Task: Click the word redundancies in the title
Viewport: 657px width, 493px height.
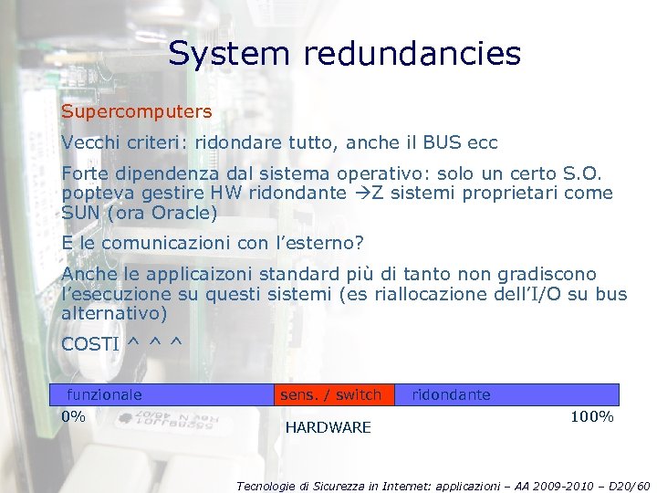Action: (x=412, y=54)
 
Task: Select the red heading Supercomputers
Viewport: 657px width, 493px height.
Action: (x=137, y=112)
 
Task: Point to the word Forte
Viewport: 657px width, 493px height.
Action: (x=84, y=173)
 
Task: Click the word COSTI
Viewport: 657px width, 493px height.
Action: (x=90, y=344)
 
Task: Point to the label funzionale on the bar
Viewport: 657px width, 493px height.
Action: (x=105, y=394)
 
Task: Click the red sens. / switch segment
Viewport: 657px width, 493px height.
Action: (x=330, y=394)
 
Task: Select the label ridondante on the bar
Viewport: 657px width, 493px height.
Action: (x=451, y=394)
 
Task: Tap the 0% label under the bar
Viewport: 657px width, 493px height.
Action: (x=73, y=416)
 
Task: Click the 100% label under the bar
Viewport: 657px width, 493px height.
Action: (x=591, y=416)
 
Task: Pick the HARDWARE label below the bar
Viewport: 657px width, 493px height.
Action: (x=328, y=427)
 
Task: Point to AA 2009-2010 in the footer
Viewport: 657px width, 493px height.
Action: (x=518, y=486)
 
